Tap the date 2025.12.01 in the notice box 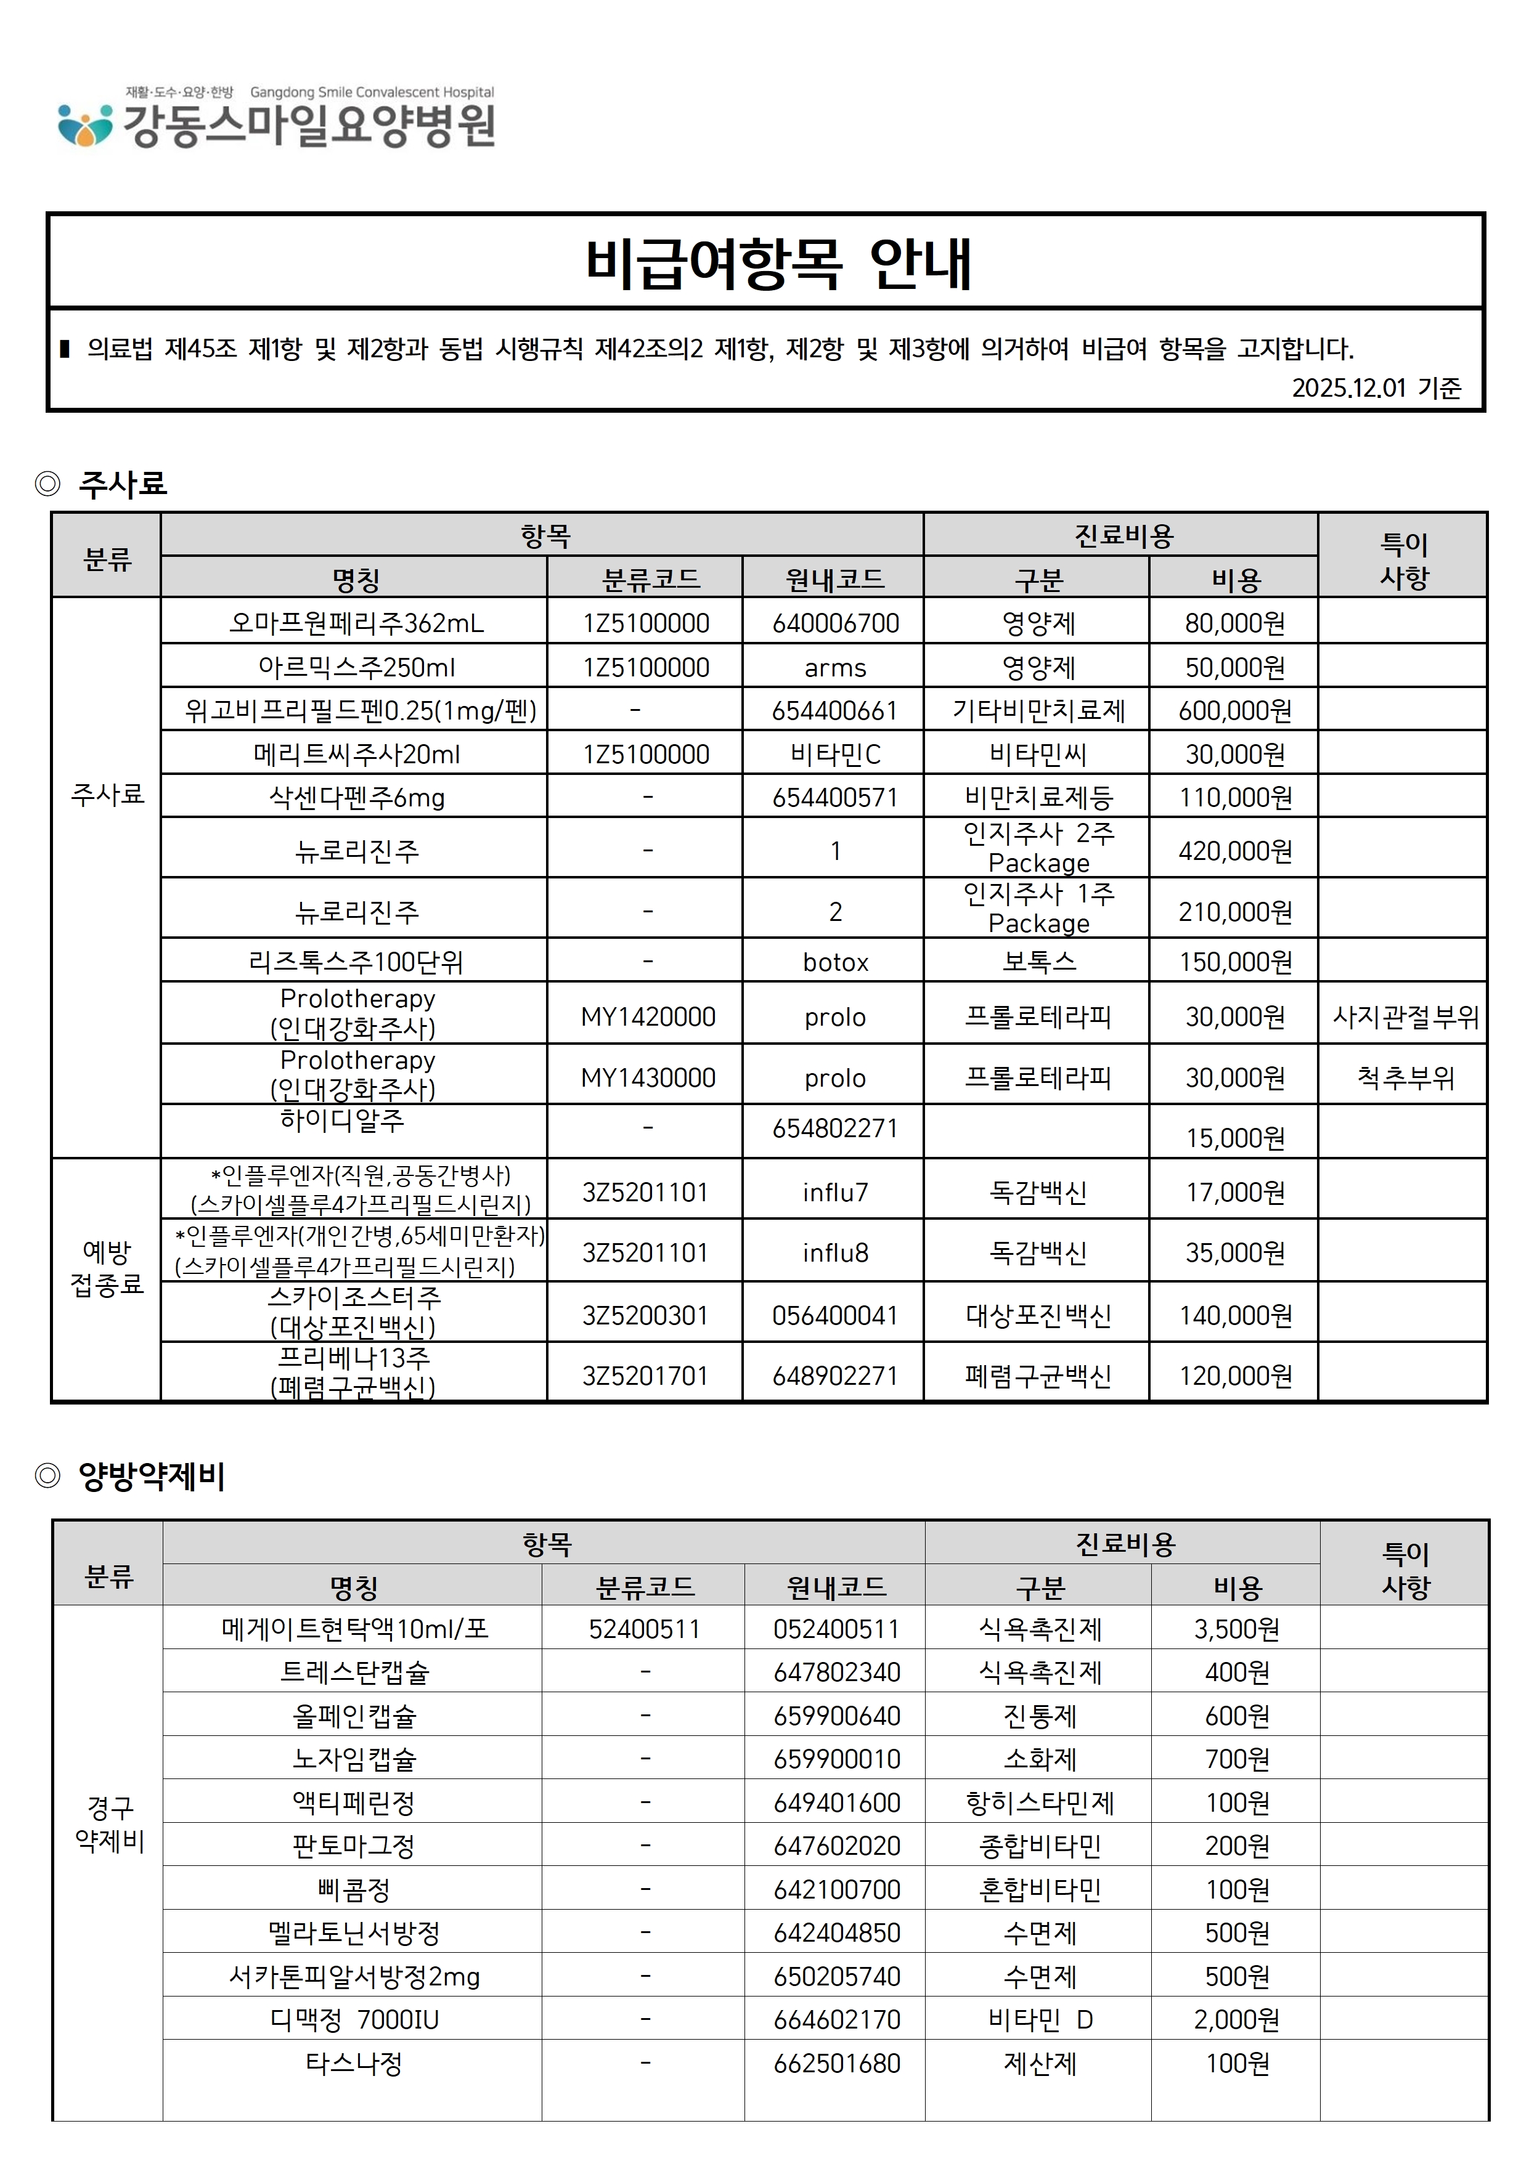(x=1348, y=387)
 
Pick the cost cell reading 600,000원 (x=1234, y=711)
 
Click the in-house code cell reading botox (x=835, y=962)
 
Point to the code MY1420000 (x=648, y=1016)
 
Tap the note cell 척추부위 (x=1405, y=1077)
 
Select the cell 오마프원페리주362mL (x=356, y=623)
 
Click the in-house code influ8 (x=835, y=1253)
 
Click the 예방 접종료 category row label (x=107, y=1268)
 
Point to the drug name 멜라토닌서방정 (x=354, y=1932)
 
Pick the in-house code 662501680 (x=836, y=2063)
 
